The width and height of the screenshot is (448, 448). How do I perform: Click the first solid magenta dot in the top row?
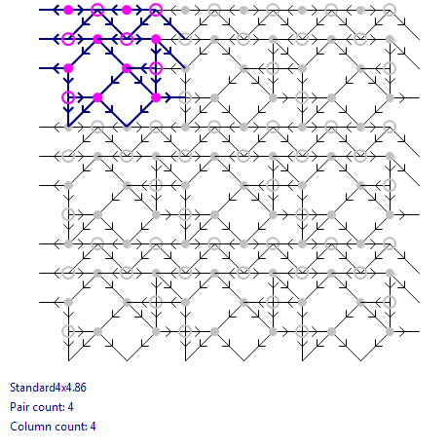68,10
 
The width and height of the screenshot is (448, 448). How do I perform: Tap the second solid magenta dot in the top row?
127,10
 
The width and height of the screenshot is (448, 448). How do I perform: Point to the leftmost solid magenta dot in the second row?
97,39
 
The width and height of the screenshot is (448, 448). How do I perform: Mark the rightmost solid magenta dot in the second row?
156,39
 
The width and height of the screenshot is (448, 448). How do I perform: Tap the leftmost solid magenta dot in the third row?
68,68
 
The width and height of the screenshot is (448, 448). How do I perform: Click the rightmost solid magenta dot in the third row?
127,68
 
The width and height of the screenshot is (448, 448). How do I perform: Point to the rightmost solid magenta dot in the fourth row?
156,97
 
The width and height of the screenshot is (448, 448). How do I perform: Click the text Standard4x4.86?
48,388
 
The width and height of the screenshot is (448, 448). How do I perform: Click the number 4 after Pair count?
70,407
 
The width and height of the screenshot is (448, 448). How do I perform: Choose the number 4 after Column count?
93,427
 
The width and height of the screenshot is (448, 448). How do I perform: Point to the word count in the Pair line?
46,407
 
